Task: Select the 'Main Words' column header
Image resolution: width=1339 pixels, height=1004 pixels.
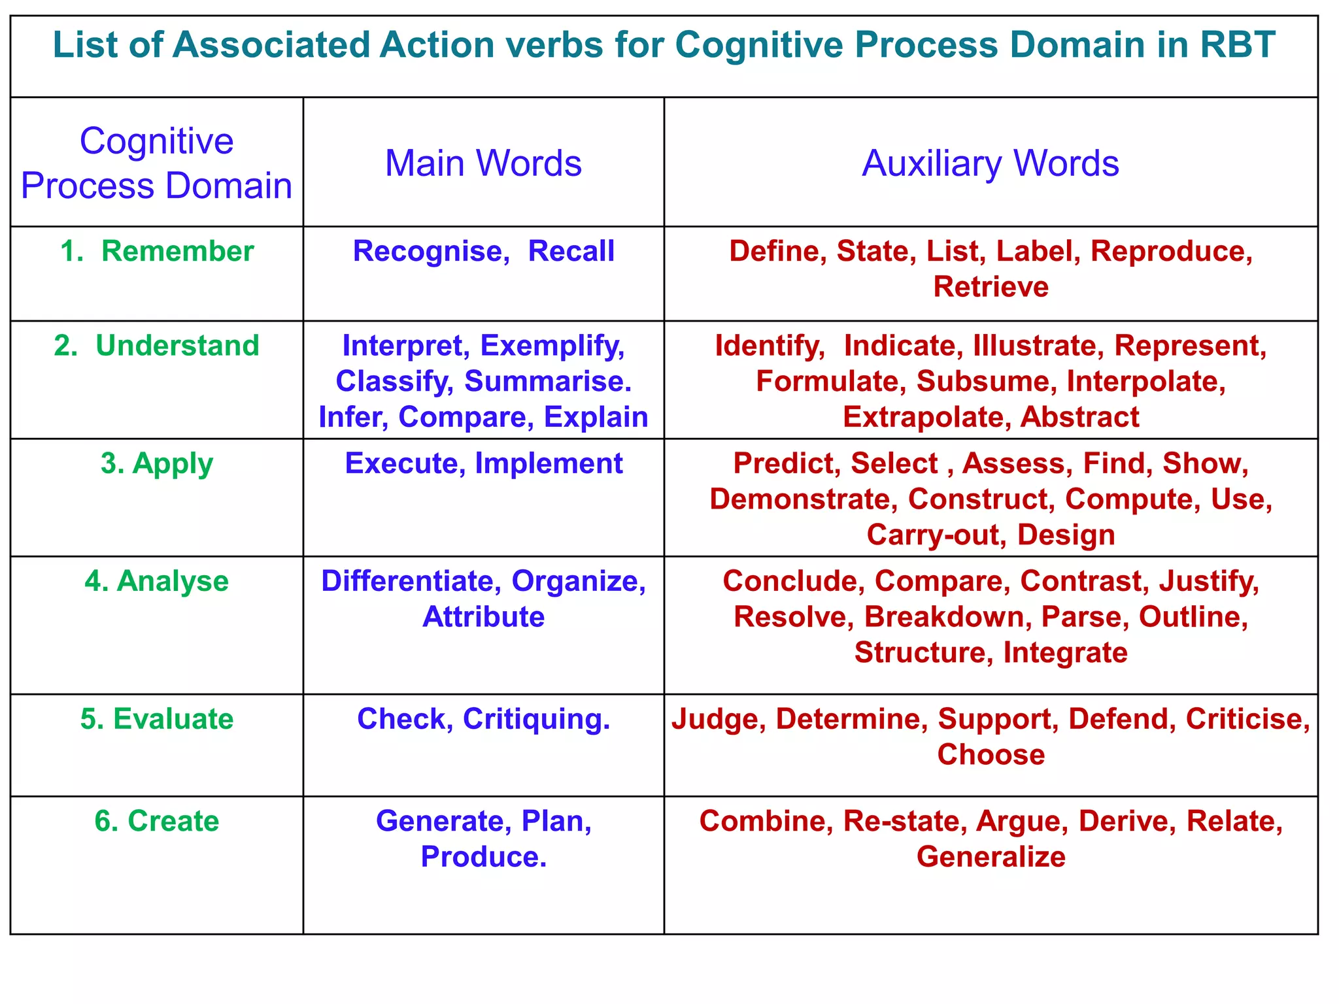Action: (483, 163)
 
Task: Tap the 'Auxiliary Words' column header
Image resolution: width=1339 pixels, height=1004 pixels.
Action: (991, 163)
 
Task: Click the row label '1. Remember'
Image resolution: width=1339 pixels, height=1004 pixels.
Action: (157, 251)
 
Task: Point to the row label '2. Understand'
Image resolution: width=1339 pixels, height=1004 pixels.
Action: (157, 345)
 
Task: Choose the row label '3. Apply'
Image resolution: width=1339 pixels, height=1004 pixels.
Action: (157, 463)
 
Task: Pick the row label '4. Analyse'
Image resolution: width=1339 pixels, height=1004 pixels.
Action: (157, 581)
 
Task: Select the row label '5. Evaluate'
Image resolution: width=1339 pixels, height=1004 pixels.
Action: (157, 719)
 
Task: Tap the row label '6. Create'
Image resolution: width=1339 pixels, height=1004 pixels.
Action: (157, 821)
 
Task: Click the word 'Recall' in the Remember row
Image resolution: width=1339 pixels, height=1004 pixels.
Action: (571, 251)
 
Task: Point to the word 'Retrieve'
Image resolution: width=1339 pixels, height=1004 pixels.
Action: (991, 287)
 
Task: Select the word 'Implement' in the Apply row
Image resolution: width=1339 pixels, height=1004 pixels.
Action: (549, 463)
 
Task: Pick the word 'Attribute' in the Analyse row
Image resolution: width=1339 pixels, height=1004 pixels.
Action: (483, 617)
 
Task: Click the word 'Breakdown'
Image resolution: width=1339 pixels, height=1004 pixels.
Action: (947, 617)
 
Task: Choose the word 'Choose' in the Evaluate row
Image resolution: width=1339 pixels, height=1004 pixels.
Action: (991, 755)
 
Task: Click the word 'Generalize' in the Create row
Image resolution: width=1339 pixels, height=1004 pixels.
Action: (991, 857)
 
